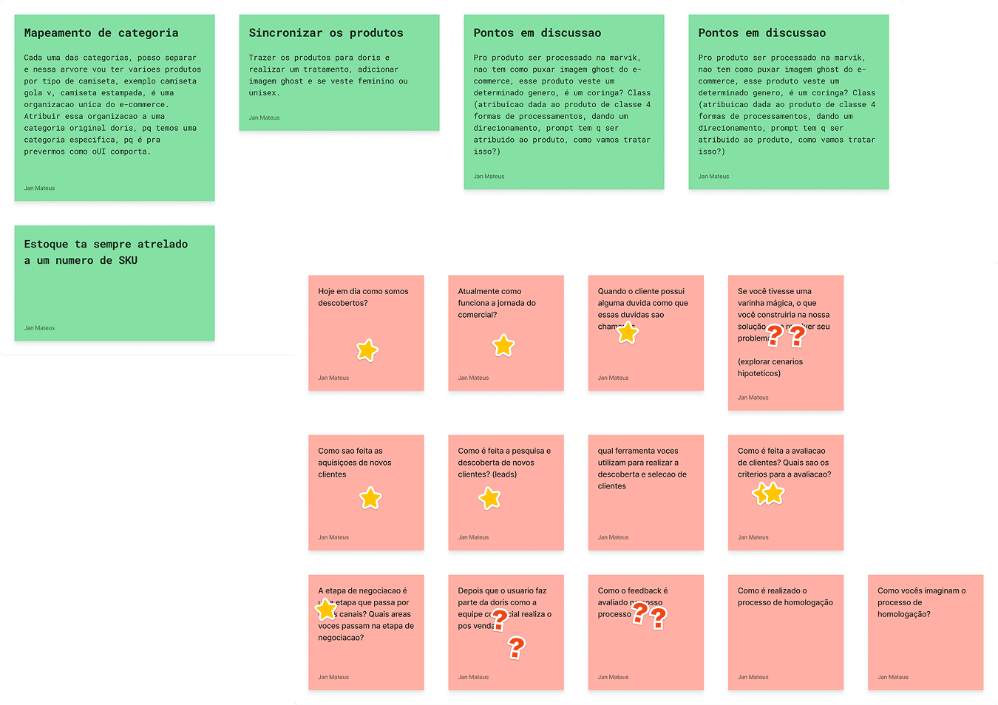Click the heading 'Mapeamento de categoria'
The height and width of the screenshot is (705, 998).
101,33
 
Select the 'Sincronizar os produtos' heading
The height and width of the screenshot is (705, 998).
326,33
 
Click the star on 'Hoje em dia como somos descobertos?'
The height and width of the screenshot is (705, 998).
367,350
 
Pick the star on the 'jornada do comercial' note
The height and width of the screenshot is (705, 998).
503,345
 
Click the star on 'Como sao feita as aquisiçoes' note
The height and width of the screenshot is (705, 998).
370,498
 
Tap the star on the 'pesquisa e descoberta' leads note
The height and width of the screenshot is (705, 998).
489,498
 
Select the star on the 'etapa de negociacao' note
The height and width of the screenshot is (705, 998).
325,610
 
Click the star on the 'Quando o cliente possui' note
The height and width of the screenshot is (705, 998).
628,333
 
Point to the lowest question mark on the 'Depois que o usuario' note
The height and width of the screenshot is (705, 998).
516,647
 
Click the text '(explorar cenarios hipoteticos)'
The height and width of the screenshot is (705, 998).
770,367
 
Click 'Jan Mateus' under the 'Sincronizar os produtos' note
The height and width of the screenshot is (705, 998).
264,118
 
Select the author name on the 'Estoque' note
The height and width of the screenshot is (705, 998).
39,328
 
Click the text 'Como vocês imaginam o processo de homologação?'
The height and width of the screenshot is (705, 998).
921,602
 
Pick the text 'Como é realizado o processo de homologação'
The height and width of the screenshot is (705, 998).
785,596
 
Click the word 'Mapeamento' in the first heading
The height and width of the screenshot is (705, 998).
58,33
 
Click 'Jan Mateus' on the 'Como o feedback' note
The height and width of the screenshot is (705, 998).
613,678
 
